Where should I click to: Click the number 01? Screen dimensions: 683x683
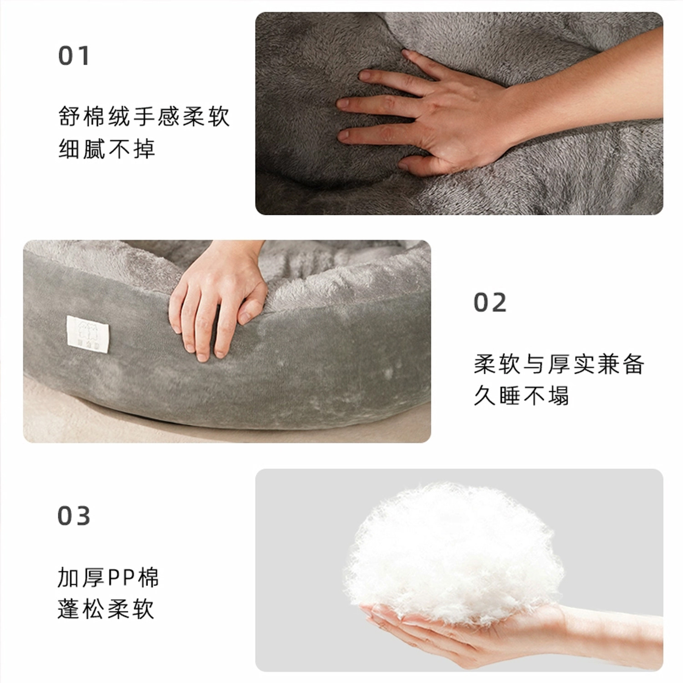[x=74, y=56]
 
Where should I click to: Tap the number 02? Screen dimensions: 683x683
[x=489, y=303]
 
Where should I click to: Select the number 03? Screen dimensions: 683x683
[x=74, y=516]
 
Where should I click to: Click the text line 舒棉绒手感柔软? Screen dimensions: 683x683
[x=144, y=117]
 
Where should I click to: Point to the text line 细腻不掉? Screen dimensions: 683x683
[x=107, y=149]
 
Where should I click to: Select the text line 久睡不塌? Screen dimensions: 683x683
[x=521, y=395]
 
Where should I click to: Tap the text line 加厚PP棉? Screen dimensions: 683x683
[x=108, y=578]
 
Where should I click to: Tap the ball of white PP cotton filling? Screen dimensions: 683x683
[x=455, y=551]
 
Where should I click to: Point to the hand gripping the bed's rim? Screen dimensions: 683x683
[x=214, y=301]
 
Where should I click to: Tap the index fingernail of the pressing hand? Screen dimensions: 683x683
[x=342, y=104]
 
